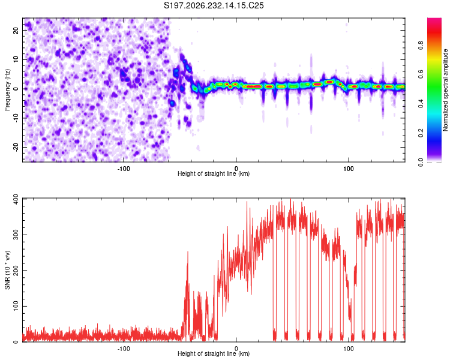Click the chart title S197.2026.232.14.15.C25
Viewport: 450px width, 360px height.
(214, 5)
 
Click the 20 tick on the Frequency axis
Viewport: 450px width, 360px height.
(16, 31)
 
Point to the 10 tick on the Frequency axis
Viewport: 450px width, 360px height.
(16, 59)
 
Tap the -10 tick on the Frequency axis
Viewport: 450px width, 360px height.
(16, 118)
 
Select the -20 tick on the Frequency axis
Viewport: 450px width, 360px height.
(16, 147)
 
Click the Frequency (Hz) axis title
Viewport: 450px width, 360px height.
(7, 90)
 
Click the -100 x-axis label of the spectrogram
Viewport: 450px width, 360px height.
(124, 169)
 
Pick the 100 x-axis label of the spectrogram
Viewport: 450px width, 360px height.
(349, 169)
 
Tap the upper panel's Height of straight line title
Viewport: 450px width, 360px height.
(214, 173)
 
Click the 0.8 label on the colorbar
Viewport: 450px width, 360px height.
(421, 46)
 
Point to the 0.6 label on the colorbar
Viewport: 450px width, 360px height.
(421, 74)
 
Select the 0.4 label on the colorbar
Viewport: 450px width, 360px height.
(421, 104)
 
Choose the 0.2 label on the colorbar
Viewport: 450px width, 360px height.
(421, 133)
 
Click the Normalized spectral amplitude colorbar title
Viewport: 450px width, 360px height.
(445, 90)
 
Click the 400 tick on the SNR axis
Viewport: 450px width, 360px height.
(16, 199)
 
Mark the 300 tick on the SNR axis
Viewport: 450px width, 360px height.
(16, 235)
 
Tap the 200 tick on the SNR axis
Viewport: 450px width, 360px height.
(16, 271)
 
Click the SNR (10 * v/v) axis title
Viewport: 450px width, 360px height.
(7, 270)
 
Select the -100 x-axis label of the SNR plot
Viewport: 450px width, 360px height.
(124, 349)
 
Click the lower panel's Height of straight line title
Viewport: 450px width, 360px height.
(214, 353)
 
